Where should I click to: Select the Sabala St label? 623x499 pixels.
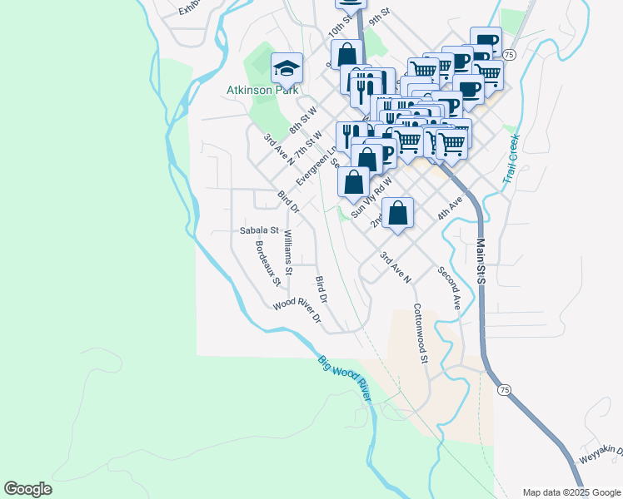click(x=258, y=230)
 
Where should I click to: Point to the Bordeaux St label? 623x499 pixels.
click(x=268, y=263)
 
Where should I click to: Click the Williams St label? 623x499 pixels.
click(x=288, y=252)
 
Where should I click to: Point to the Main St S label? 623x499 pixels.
click(x=481, y=261)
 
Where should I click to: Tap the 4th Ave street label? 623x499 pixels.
click(x=450, y=208)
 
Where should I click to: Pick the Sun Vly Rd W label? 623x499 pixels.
click(x=371, y=199)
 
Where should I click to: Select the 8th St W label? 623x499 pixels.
click(x=304, y=121)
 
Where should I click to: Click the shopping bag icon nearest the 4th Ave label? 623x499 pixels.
click(x=398, y=214)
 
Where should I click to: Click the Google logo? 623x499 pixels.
click(x=28, y=489)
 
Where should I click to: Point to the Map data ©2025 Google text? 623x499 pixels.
click(x=571, y=492)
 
